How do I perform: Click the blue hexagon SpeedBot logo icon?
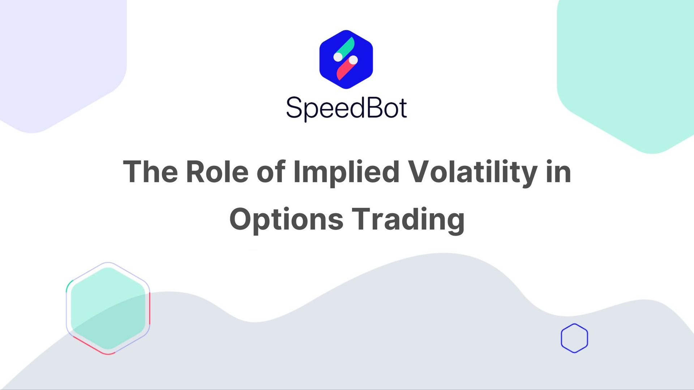tap(346, 60)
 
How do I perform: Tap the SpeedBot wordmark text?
tap(346, 108)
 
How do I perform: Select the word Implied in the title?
tap(346, 172)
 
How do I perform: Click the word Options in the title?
tap(286, 219)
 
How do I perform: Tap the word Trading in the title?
tap(408, 219)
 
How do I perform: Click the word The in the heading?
tap(150, 172)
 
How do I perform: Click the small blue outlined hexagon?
tap(574, 338)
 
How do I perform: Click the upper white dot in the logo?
tap(338, 57)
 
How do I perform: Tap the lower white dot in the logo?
tap(354, 60)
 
